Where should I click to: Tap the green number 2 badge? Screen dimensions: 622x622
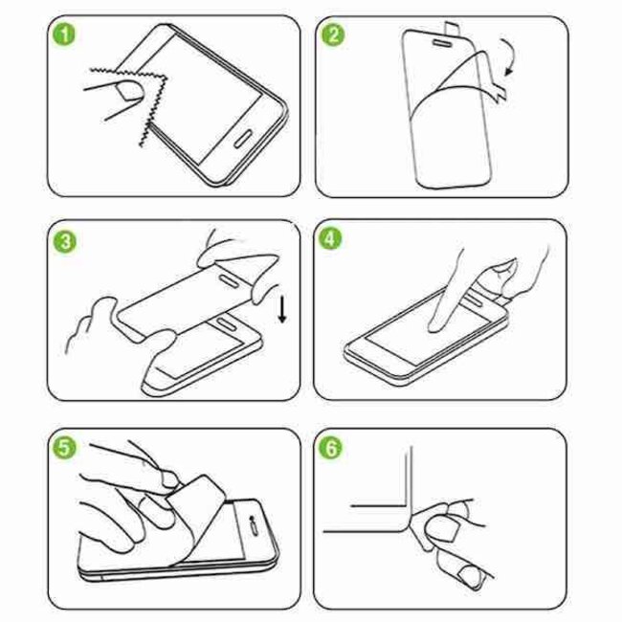pos(334,37)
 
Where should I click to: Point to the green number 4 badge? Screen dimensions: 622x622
pos(334,242)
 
